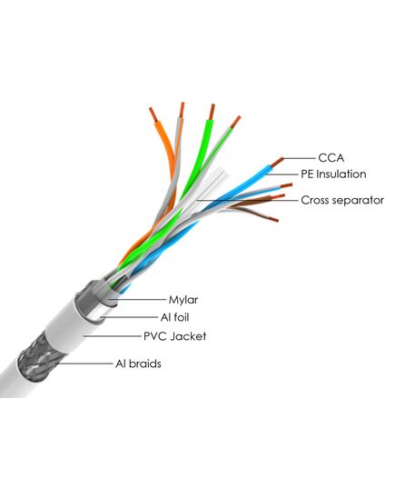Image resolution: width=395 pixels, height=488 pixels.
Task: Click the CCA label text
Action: [331, 158]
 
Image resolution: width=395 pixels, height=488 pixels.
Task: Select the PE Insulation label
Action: [333, 174]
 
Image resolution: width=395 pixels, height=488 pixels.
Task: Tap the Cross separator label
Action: [342, 200]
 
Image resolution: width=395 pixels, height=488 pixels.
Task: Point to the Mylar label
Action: [183, 300]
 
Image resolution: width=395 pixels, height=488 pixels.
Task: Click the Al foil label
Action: [174, 317]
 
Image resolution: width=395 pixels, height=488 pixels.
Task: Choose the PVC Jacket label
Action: [174, 336]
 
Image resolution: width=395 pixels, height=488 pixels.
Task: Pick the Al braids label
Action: [138, 364]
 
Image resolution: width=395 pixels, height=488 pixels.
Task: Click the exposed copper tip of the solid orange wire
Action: [153, 115]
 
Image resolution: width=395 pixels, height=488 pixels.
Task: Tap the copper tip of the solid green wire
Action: [212, 112]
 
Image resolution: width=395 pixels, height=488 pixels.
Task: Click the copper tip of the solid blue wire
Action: [277, 162]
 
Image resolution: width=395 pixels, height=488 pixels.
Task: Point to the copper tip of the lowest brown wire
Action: [272, 219]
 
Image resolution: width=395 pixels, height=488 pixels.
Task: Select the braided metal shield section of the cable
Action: [35, 358]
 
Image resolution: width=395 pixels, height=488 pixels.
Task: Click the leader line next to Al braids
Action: [84, 364]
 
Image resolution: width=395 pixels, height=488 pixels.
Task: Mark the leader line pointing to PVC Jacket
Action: [112, 336]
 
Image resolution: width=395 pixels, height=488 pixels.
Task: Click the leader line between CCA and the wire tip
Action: [300, 158]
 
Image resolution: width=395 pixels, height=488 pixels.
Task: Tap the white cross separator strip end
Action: [222, 174]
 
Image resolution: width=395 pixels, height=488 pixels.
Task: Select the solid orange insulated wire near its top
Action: [161, 134]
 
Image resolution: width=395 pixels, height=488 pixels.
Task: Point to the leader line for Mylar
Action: [137, 300]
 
